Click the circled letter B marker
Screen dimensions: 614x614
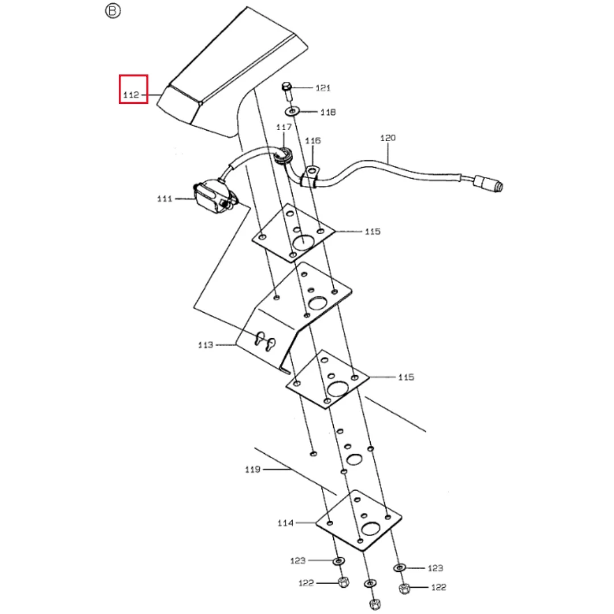tap(113, 11)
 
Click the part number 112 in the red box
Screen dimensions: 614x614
tap(131, 95)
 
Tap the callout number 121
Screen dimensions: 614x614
tap(323, 88)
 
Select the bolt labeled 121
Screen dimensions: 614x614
tap(287, 91)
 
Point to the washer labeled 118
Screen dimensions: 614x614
tap(292, 111)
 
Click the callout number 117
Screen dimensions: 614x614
tap(284, 127)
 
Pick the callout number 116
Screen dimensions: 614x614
tap(313, 140)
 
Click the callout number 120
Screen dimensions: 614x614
tap(388, 138)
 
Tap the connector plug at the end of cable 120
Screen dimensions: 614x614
tap(489, 184)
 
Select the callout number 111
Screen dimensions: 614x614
tap(164, 199)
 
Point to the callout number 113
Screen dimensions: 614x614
tap(206, 345)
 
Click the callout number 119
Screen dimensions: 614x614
tap(252, 469)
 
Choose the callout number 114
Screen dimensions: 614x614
tap(285, 523)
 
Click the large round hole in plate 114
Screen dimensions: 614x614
tap(371, 529)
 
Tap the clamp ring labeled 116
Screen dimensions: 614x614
tap(310, 176)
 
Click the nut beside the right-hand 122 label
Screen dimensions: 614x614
tap(404, 588)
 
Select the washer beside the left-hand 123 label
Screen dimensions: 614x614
tap(338, 561)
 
